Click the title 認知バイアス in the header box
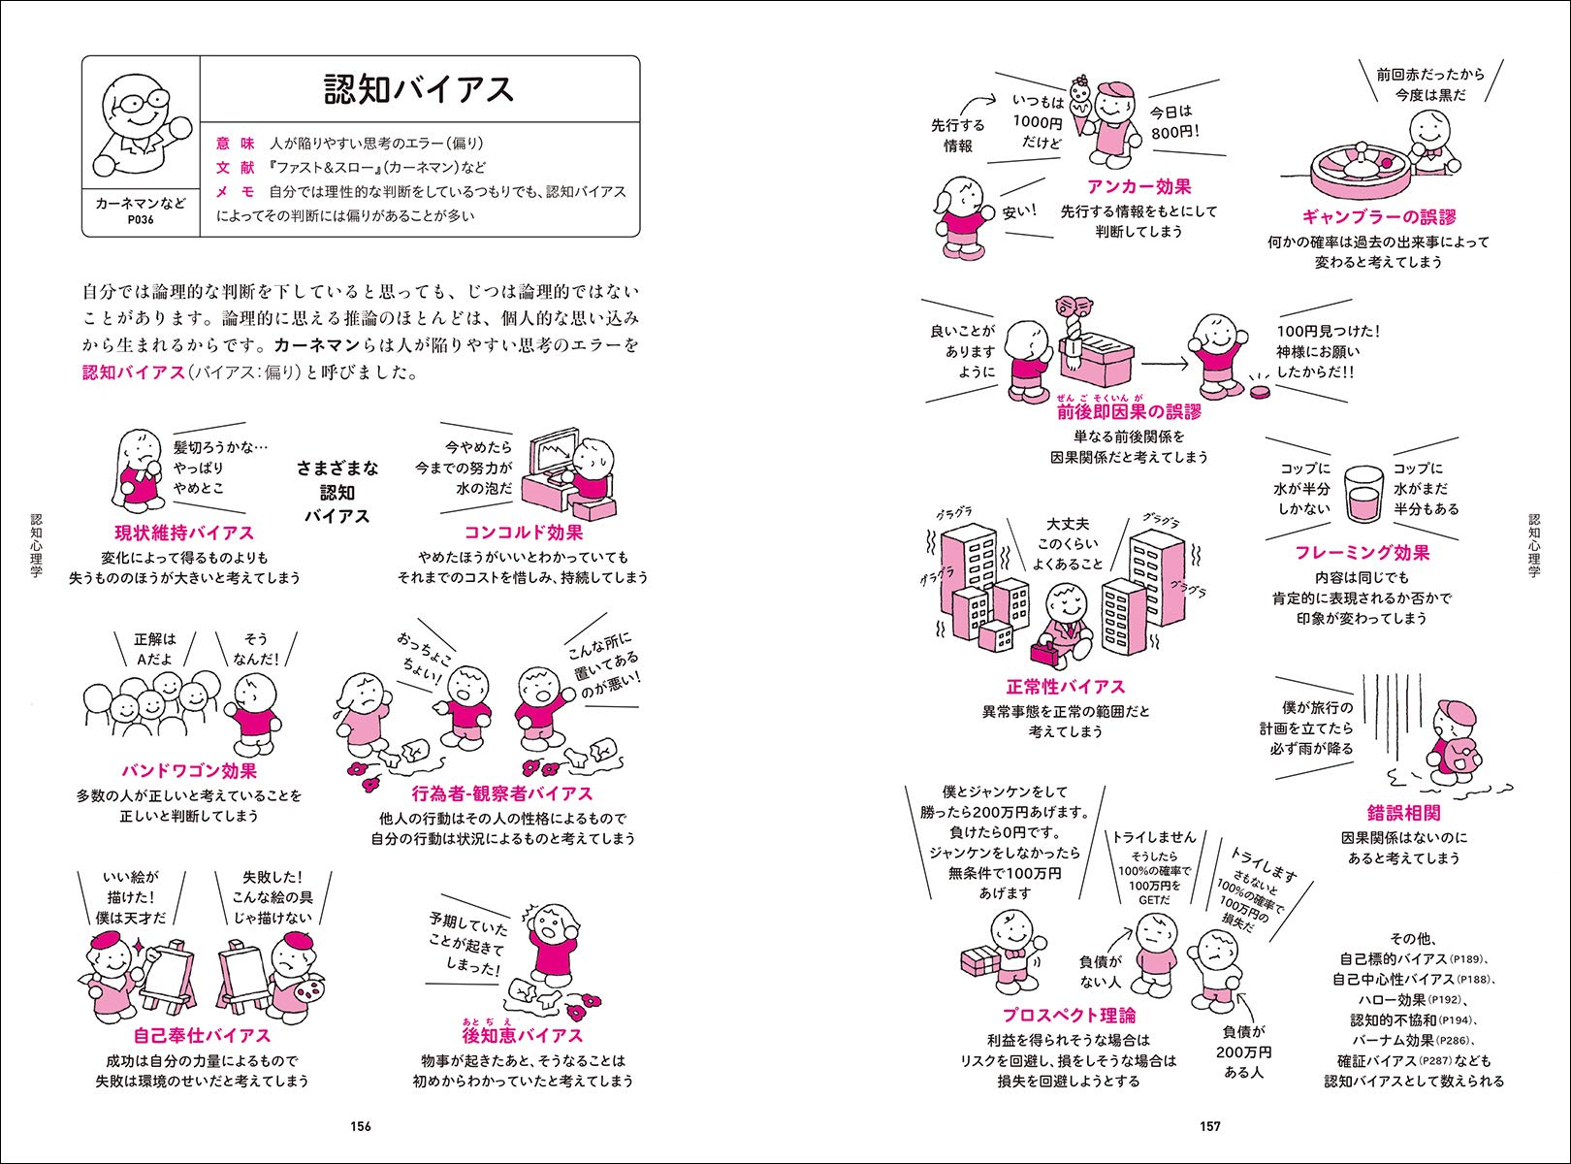click(x=418, y=89)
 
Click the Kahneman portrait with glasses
click(x=139, y=119)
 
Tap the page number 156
click(x=361, y=1126)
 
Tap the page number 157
click(x=1209, y=1126)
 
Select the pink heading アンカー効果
click(x=1138, y=186)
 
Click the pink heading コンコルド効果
click(x=523, y=533)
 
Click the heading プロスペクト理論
click(x=1069, y=1016)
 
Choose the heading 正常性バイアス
click(x=1065, y=687)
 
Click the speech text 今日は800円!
click(x=1174, y=122)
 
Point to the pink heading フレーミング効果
click(x=1362, y=553)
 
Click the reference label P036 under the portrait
click(x=141, y=220)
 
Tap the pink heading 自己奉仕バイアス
click(x=202, y=1035)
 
